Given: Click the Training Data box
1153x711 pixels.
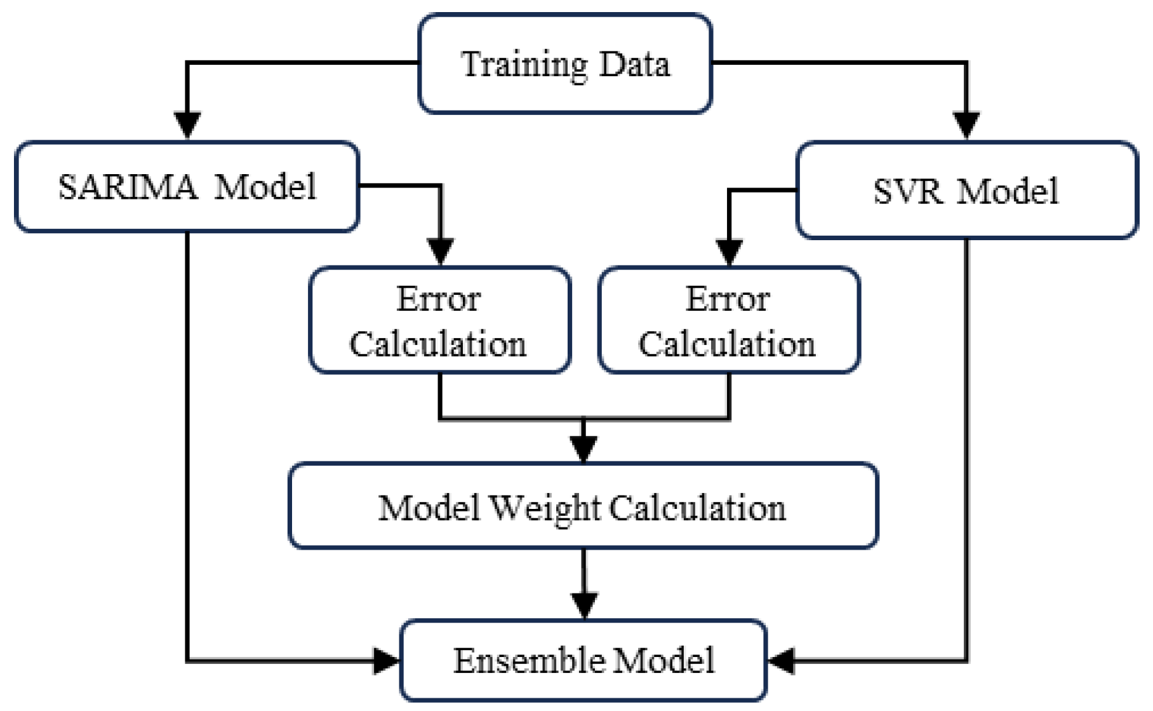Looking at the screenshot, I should click(x=564, y=64).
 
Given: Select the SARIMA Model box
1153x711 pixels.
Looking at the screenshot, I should click(x=187, y=187).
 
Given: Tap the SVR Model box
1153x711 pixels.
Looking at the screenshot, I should click(x=966, y=190).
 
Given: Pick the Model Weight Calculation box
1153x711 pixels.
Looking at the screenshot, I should click(x=583, y=506).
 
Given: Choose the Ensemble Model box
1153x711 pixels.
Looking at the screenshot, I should click(x=583, y=660).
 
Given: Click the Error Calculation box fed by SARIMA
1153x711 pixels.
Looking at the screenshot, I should click(x=439, y=320).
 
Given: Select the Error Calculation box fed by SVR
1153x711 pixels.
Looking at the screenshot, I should click(x=729, y=320).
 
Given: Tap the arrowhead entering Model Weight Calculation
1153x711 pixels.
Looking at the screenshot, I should click(x=583, y=449).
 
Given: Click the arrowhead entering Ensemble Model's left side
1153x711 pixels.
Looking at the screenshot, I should click(x=386, y=661).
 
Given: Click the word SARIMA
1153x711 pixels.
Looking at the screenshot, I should click(x=128, y=187).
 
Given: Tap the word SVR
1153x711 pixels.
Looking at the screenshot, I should click(x=907, y=191).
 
